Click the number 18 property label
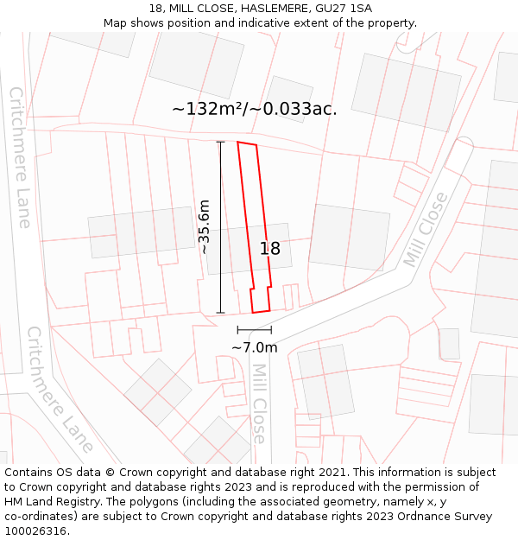270,249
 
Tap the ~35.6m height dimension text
204,226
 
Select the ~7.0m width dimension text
255,347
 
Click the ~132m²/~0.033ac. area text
254,109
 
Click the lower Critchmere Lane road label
60,390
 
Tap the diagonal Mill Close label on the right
426,229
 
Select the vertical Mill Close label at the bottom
259,403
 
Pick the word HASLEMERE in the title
265,8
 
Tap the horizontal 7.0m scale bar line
255,330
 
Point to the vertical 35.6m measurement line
220,226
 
